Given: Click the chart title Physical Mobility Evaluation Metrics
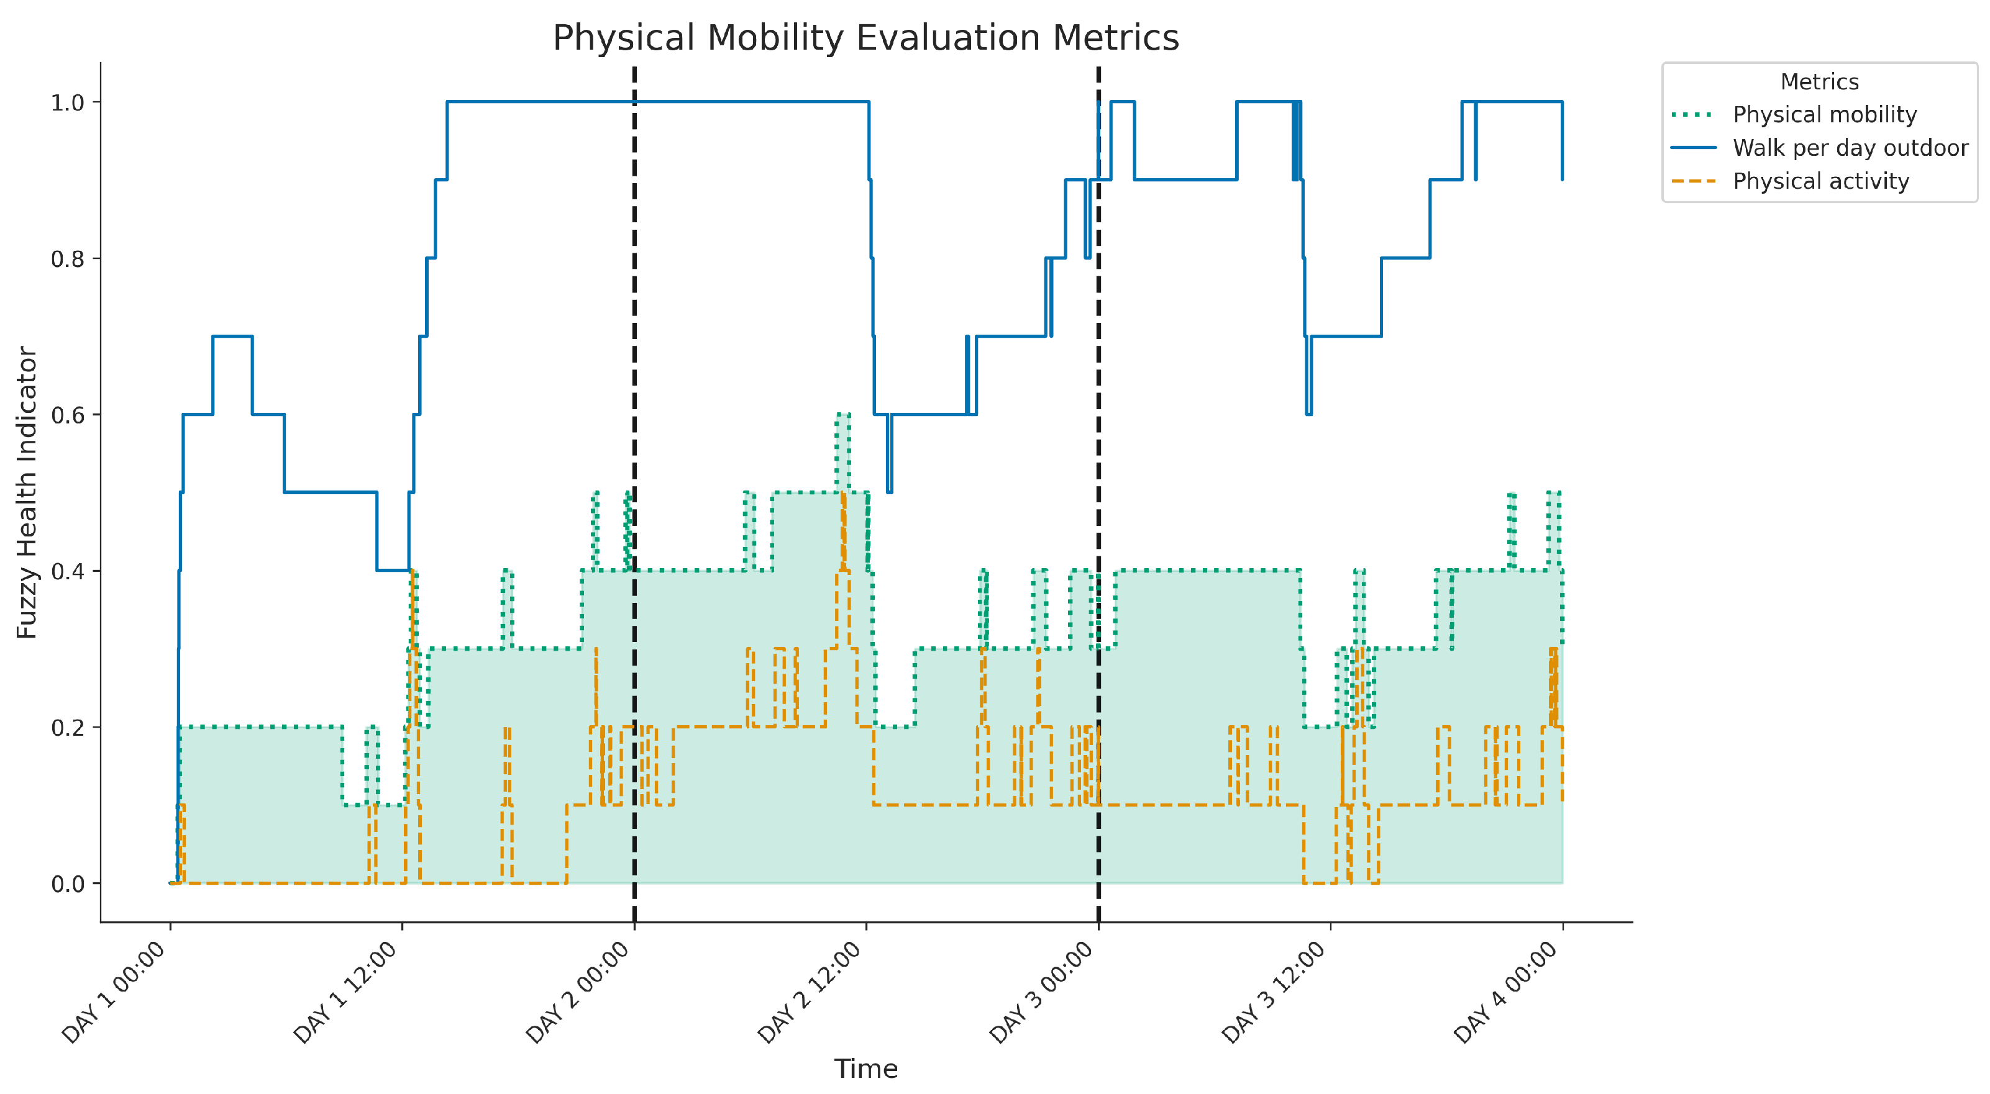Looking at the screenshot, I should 865,38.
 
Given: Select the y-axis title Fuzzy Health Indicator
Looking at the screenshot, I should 27,492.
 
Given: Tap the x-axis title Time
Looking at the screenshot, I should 865,1069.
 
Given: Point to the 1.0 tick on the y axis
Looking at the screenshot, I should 67,102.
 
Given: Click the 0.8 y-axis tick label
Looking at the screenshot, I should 67,259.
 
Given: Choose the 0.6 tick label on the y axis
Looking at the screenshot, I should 67,415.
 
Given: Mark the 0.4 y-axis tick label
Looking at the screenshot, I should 67,571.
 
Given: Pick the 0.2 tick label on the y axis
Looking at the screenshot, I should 67,728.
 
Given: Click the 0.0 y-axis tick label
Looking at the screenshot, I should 67,884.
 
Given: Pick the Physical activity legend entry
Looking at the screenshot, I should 1820,181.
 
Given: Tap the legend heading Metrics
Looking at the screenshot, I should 1819,82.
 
